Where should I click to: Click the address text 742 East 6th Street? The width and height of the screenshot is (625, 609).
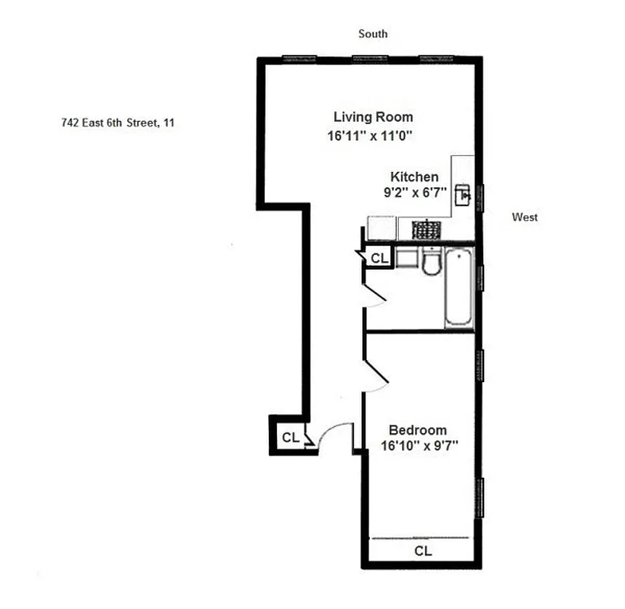tap(118, 123)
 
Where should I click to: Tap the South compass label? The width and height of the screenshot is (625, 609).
tap(373, 33)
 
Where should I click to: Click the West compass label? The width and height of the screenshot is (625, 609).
tap(525, 218)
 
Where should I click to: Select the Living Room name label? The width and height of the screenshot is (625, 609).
tap(373, 117)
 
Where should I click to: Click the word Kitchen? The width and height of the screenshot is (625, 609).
tap(414, 177)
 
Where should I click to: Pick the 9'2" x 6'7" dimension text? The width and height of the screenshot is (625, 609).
tap(414, 193)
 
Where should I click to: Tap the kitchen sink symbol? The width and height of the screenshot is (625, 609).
tap(463, 196)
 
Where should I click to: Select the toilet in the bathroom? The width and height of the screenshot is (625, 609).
tap(431, 263)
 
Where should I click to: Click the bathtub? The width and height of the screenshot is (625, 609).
tap(459, 288)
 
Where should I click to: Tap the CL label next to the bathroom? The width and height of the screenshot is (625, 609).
tap(379, 259)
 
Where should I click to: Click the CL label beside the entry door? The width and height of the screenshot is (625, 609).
tap(290, 438)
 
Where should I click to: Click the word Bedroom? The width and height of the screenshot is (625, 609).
tap(418, 429)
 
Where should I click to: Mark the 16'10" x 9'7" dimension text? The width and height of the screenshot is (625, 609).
tap(418, 447)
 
